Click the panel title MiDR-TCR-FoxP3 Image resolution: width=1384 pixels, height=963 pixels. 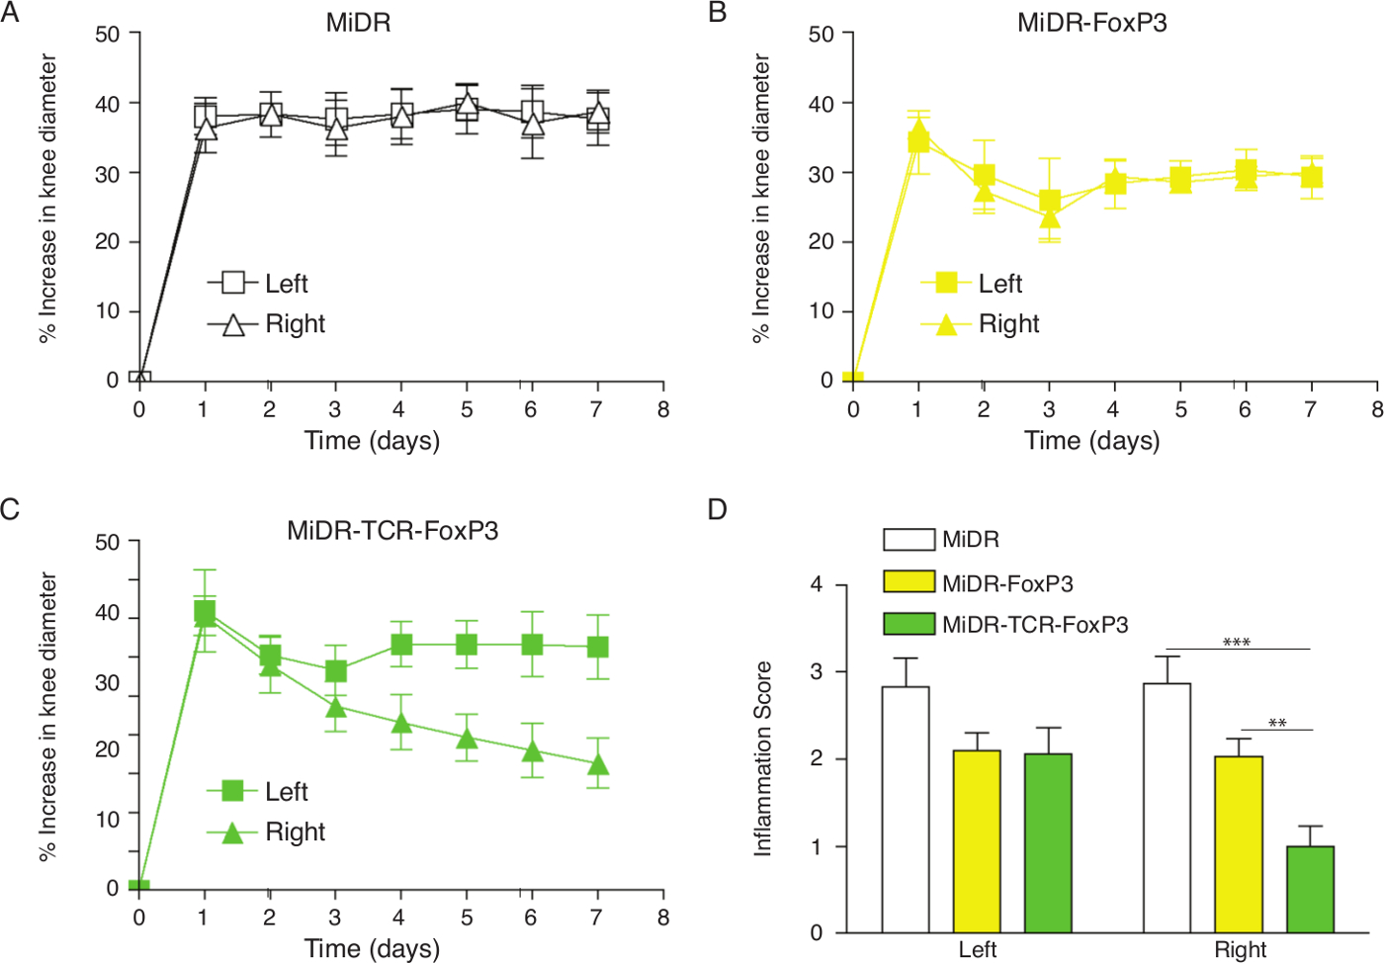click(392, 531)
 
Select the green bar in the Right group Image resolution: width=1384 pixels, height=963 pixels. click(1310, 889)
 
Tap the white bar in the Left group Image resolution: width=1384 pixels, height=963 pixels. click(906, 809)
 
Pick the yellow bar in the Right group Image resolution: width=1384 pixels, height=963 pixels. click(1239, 843)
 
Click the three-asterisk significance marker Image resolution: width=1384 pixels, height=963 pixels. click(1237, 643)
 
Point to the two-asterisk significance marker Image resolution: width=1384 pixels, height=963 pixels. click(1277, 724)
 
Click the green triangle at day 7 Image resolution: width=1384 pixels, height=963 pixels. click(597, 764)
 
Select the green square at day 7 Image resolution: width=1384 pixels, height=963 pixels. click(597, 647)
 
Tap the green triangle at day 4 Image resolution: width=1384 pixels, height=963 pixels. click(401, 722)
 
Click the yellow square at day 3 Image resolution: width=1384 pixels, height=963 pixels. click(1049, 201)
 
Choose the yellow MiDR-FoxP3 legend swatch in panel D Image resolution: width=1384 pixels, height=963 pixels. click(908, 581)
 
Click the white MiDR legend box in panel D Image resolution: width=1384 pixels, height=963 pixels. click(908, 539)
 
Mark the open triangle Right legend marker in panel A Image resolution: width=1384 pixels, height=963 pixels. click(233, 324)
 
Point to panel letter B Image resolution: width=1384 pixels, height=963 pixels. click(718, 13)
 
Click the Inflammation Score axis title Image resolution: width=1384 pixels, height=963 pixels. click(762, 758)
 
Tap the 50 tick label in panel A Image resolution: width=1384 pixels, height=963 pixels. click(108, 35)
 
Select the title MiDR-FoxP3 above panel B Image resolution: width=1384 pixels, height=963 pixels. click(1091, 23)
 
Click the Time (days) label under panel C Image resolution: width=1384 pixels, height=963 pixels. click(372, 948)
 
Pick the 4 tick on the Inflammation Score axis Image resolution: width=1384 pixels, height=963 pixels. click(817, 584)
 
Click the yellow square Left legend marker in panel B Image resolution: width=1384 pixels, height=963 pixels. click(946, 283)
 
